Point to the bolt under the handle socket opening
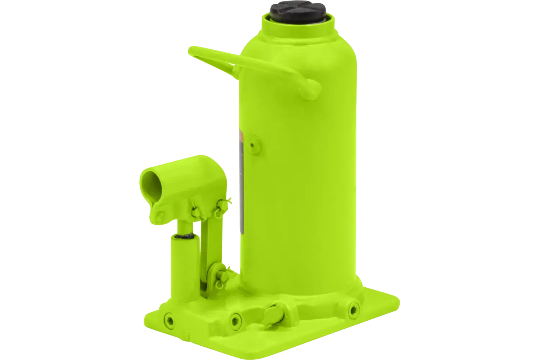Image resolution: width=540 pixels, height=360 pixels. click(x=161, y=215)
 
